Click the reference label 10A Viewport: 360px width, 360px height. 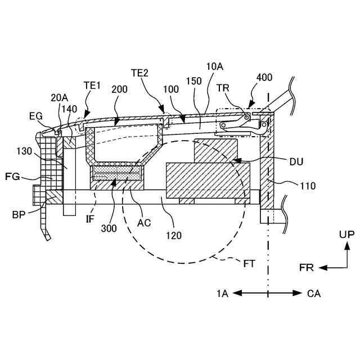click(215, 66)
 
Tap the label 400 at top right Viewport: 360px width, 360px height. click(265, 78)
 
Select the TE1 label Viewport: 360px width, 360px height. click(92, 85)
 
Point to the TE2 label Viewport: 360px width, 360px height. click(139, 73)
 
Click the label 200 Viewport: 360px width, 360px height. click(119, 89)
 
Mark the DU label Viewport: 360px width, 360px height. click(296, 162)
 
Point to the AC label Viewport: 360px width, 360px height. click(144, 223)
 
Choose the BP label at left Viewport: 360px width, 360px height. click(19, 214)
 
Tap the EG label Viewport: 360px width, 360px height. click(35, 116)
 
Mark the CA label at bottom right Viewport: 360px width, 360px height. click(314, 294)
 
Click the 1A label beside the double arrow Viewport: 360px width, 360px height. click(223, 294)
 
